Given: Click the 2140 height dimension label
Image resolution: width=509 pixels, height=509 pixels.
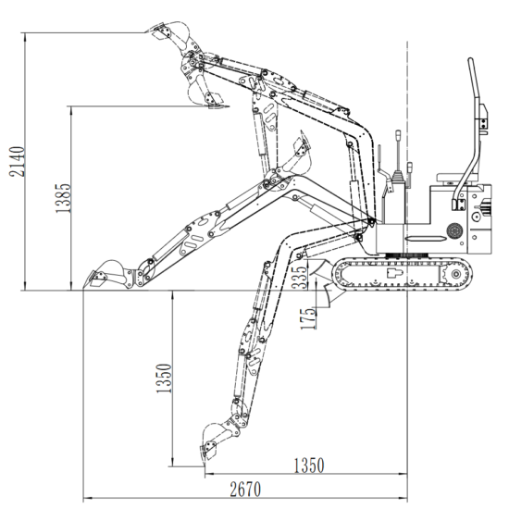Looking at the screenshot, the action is coord(17,162).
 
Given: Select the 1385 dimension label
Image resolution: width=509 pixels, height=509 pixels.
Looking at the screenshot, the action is coord(63,198).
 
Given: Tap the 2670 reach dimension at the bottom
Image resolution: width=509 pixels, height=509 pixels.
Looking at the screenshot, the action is coord(245,490).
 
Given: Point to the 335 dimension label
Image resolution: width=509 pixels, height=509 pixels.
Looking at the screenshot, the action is coord(299,278).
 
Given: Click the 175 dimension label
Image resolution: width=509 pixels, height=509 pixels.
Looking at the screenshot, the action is coord(308,318).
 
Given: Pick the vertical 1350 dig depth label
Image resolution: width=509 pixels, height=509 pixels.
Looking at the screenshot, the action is coord(164,379).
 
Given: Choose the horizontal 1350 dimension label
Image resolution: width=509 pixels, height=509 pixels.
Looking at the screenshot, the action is coord(309,466).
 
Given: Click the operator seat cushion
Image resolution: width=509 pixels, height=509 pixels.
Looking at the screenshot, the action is coord(457,178).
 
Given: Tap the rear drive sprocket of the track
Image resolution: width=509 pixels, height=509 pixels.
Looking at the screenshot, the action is coord(455,274).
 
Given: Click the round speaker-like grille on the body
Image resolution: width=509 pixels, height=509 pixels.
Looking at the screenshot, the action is coord(454,230).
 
